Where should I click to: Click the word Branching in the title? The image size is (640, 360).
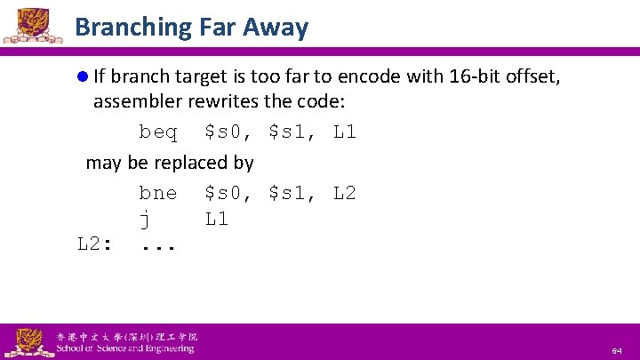(126, 27)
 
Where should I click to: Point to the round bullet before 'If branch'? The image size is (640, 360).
(83, 77)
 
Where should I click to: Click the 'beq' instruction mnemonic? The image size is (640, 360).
(157, 132)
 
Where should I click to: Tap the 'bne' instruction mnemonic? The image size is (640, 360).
(157, 193)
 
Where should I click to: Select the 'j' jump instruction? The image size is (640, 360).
(143, 219)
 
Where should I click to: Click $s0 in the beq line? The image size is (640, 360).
(222, 132)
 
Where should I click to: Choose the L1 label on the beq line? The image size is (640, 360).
(345, 132)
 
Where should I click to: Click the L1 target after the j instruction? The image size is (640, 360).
(216, 219)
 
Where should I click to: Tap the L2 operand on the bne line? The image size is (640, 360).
(345, 193)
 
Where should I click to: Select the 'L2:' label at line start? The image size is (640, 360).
(94, 244)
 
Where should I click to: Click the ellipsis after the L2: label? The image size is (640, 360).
(158, 246)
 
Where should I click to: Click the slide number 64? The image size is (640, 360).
(617, 352)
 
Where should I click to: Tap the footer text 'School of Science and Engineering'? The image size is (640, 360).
(124, 348)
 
